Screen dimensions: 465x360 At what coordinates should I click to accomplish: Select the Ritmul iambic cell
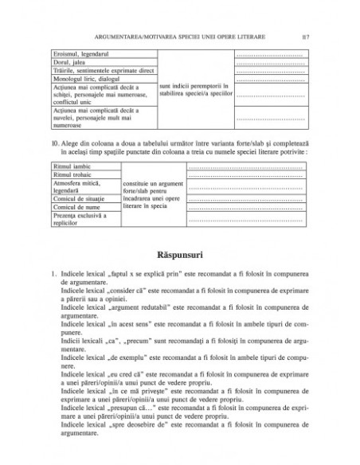pos(68,166)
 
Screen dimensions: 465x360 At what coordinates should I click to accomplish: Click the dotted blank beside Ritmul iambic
pos(248,166)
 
